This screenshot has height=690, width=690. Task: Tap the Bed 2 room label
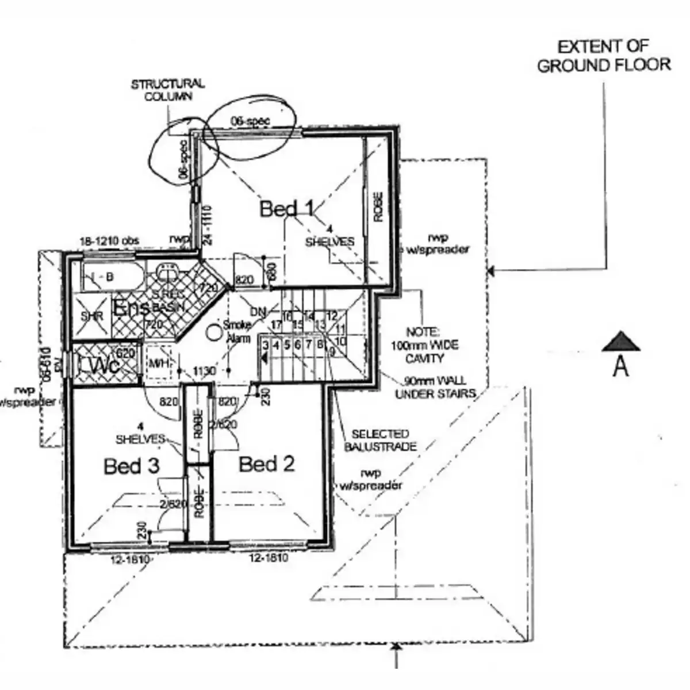point(267,463)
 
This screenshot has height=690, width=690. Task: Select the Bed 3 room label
point(131,465)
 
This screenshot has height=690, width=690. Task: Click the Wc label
point(103,365)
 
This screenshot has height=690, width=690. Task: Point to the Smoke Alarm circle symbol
point(214,331)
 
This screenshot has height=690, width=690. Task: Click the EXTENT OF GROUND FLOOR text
point(604,56)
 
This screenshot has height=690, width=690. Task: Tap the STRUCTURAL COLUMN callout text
point(168,90)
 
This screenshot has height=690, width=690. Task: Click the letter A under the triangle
point(621,366)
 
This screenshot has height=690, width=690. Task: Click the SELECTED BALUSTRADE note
point(380,440)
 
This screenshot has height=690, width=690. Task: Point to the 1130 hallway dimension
point(204,371)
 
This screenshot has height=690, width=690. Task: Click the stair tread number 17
point(276,325)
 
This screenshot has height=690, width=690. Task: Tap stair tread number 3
point(266,346)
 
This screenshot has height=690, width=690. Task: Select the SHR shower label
point(92,317)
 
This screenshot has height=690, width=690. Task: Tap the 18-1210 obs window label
point(109,240)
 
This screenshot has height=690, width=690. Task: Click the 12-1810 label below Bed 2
point(269,558)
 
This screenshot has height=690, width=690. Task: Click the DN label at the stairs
point(259,312)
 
